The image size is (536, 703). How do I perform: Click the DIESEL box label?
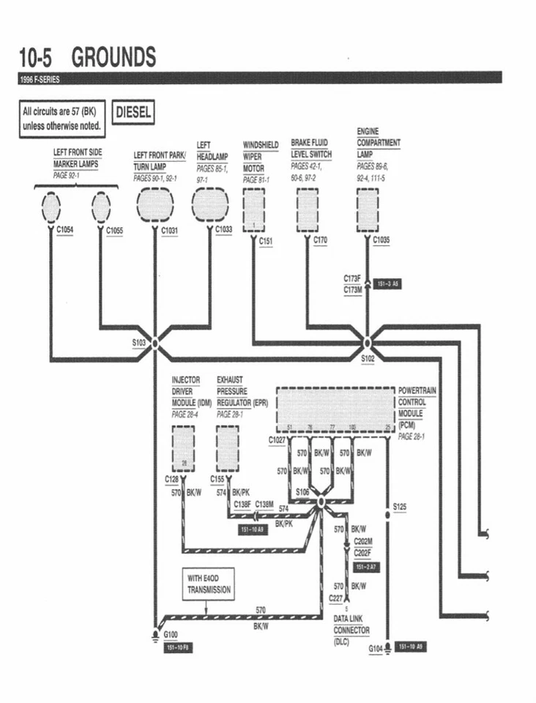(x=134, y=113)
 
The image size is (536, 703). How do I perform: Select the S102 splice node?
(x=368, y=343)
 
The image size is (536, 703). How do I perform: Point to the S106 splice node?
(x=320, y=503)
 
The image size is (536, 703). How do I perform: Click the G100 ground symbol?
(x=155, y=634)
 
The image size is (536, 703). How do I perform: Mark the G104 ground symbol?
(x=387, y=648)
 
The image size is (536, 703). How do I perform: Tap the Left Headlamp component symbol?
(x=210, y=204)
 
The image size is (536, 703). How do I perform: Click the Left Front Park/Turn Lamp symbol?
(x=155, y=204)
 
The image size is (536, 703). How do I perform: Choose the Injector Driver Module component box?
(x=182, y=448)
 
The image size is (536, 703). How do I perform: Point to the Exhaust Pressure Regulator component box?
(x=228, y=448)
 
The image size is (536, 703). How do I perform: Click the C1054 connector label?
(x=65, y=231)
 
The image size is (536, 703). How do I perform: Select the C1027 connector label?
(x=278, y=440)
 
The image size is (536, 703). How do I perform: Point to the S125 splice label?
(x=399, y=506)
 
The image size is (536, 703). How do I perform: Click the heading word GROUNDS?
(x=113, y=57)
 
